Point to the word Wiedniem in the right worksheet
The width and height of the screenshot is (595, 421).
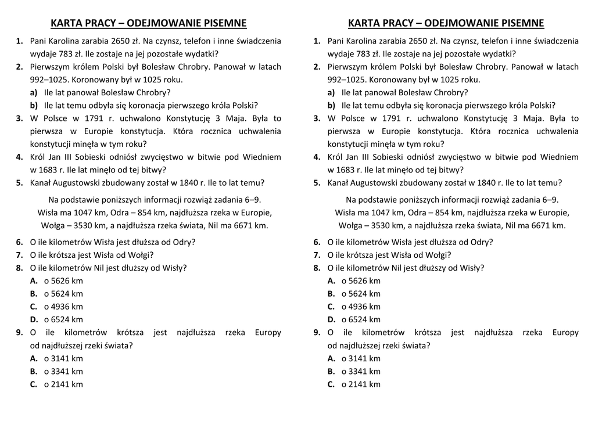[x=560, y=157]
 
